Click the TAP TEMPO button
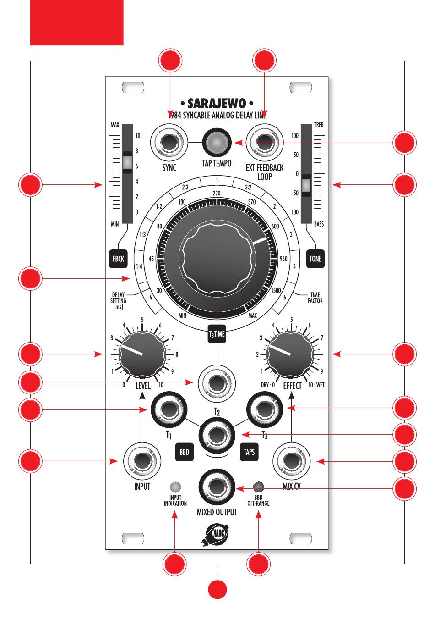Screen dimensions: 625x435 click(217, 142)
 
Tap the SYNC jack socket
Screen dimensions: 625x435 click(169, 142)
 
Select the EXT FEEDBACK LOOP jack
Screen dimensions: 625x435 click(264, 142)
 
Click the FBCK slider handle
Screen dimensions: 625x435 click(127, 162)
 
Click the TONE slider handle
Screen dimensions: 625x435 click(306, 185)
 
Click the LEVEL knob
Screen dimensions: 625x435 click(142, 354)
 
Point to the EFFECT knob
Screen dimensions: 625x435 click(290, 354)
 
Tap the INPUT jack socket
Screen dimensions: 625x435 click(142, 461)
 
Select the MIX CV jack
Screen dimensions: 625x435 click(291, 461)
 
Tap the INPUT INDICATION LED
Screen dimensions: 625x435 click(175, 487)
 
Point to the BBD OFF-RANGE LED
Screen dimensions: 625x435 click(259, 487)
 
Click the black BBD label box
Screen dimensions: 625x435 click(184, 452)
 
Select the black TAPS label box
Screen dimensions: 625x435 click(249, 452)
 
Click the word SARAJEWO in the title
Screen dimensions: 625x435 click(217, 103)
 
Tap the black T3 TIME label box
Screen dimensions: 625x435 click(217, 334)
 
